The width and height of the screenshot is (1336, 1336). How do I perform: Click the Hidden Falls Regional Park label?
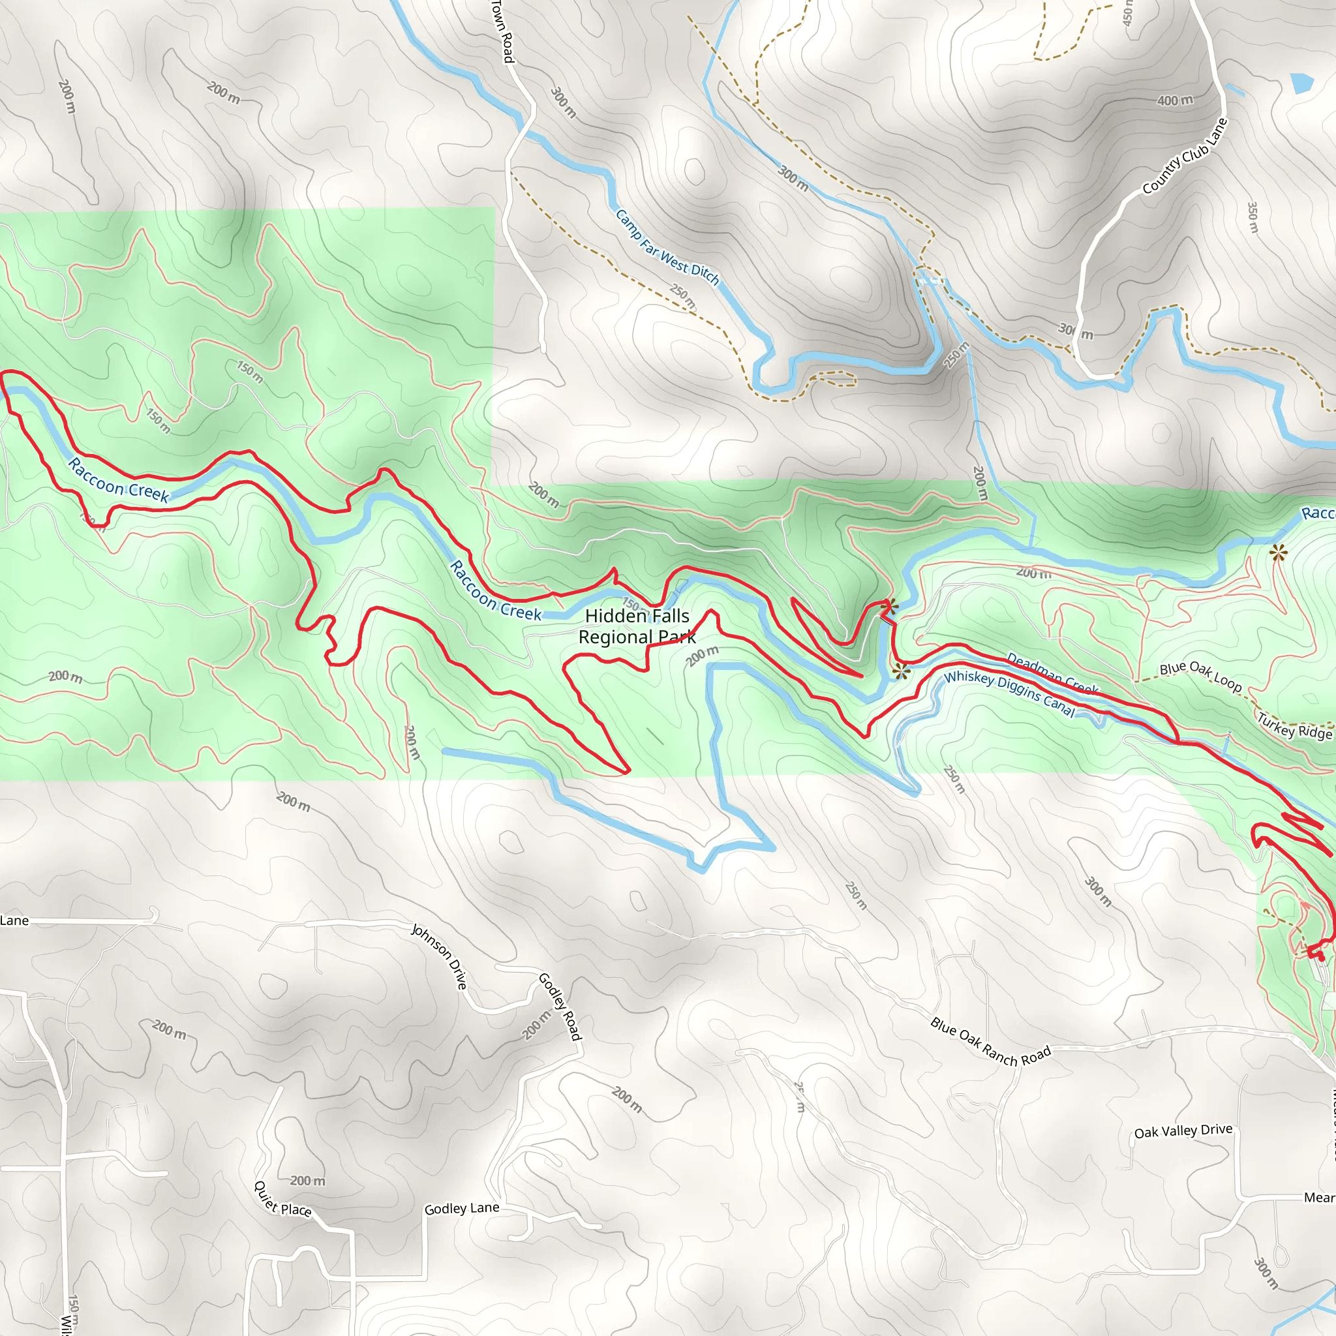pos(637,626)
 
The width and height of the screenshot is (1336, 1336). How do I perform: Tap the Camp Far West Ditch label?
pos(667,247)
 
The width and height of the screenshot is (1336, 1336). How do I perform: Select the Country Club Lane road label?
pos(1185,156)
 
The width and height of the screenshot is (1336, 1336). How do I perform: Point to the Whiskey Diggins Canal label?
pos(1009,693)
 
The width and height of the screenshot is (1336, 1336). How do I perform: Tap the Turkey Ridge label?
pos(1294,726)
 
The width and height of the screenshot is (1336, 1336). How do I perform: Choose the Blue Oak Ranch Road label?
pos(990,1041)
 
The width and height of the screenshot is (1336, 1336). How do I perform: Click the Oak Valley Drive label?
pos(1183,1131)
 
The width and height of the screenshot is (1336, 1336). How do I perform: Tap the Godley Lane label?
pos(461,1208)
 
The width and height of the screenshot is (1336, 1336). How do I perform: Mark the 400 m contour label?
pos(1175,100)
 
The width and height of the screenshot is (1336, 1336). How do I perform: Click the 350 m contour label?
pos(1252,217)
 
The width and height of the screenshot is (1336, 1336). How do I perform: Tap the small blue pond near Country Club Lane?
pos(1301,83)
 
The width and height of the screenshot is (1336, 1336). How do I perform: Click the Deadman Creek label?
pos(1052,672)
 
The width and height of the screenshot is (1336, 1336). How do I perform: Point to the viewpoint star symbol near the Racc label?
pos(1278,552)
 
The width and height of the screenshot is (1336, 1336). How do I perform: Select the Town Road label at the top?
pos(503,31)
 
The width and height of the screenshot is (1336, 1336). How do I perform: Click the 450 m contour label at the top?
pos(1128,12)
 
